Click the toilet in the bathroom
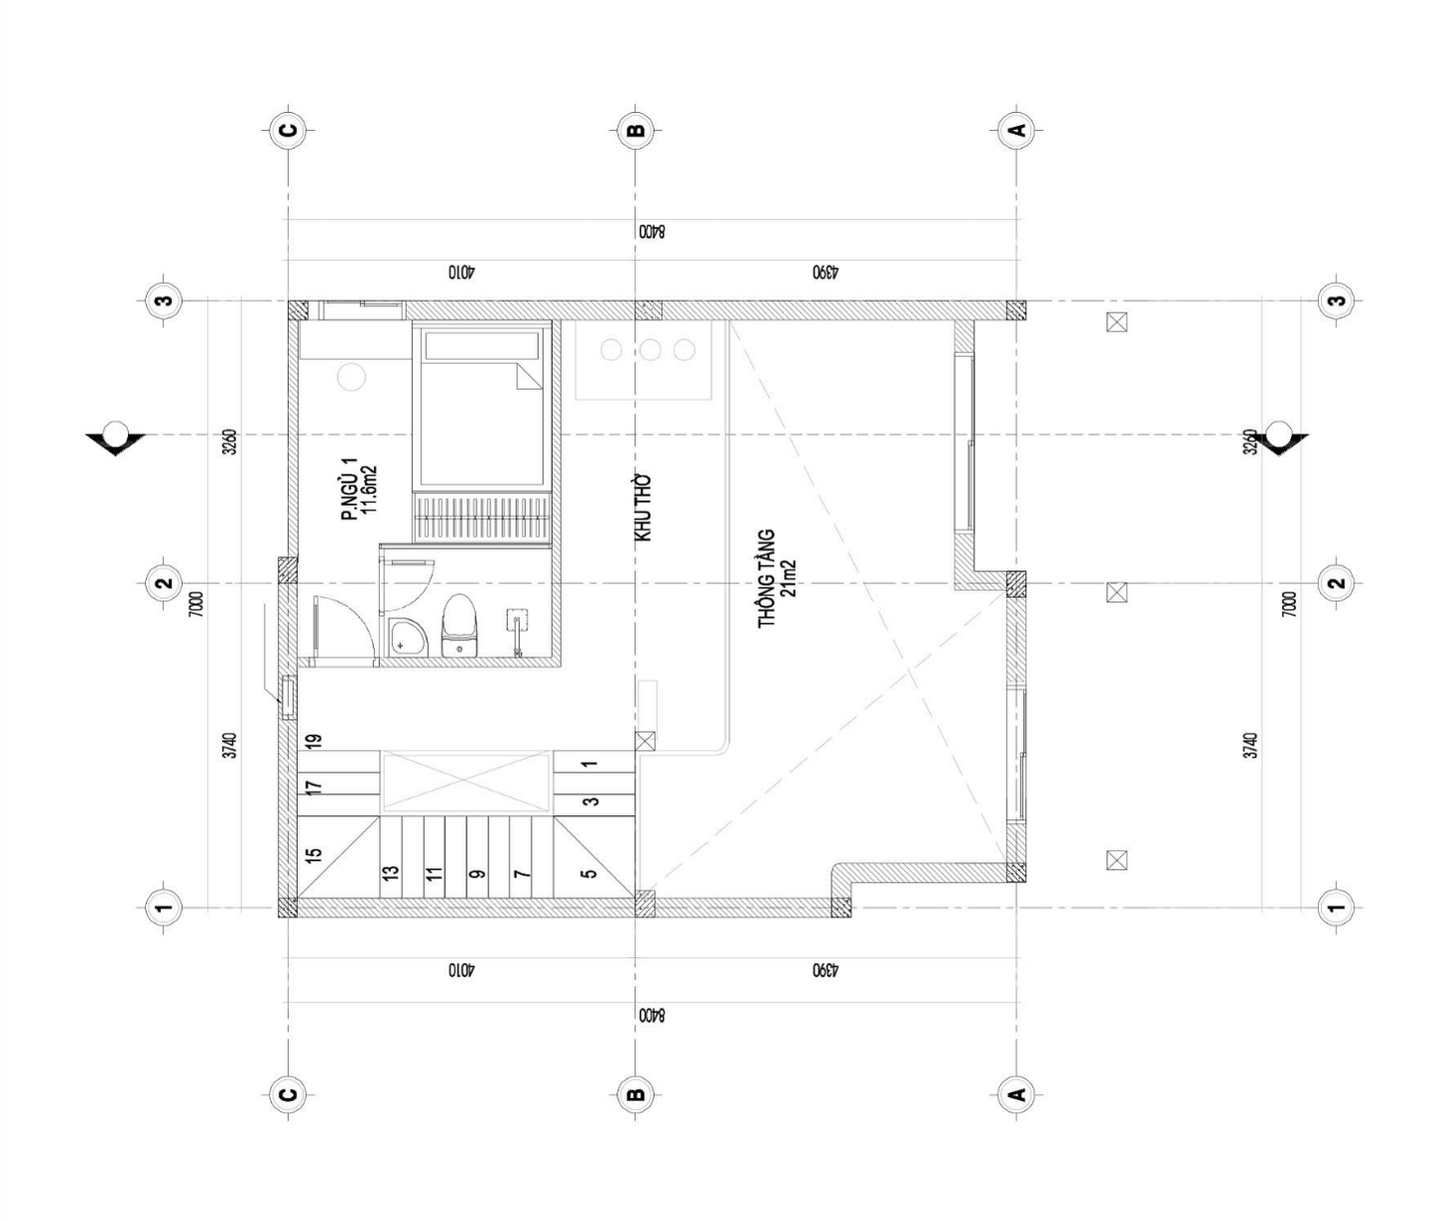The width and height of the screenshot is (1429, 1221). (x=459, y=625)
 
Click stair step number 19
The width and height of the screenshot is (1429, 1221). (x=314, y=742)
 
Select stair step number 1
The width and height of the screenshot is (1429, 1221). (x=589, y=765)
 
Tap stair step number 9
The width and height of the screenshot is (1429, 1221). (x=477, y=874)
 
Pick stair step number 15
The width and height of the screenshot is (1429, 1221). (x=314, y=854)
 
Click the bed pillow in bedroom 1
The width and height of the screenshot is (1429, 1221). (x=482, y=345)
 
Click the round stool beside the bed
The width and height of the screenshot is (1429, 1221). (x=351, y=377)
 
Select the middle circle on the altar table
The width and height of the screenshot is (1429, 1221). (x=649, y=350)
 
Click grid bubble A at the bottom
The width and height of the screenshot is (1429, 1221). (x=1017, y=1095)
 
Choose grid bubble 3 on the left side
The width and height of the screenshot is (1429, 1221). (x=165, y=302)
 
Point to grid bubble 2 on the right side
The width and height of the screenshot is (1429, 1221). (x=1338, y=582)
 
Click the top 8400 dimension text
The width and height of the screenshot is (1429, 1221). (x=651, y=231)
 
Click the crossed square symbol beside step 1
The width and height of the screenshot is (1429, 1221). (x=645, y=742)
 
